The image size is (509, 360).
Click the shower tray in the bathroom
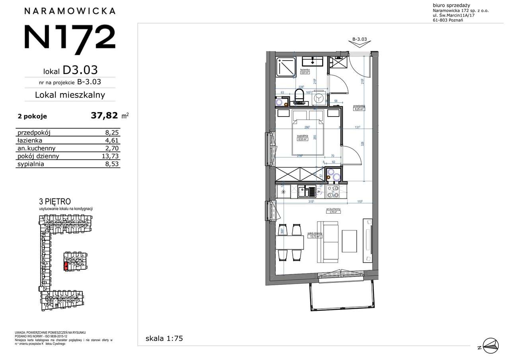point(286,66)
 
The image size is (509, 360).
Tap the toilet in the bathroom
point(299,95)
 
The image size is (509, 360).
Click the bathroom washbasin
point(313,61)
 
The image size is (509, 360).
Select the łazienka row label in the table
point(30,140)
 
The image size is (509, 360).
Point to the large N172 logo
point(70,37)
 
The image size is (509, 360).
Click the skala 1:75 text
point(164,339)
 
